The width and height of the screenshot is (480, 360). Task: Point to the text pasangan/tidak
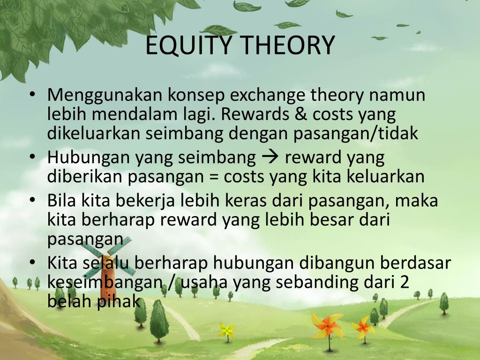355,134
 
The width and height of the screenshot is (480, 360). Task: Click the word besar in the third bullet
334,220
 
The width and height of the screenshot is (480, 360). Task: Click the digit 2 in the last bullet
404,282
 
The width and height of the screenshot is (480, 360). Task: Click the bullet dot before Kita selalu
32,263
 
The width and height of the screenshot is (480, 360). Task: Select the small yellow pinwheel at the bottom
227,330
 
